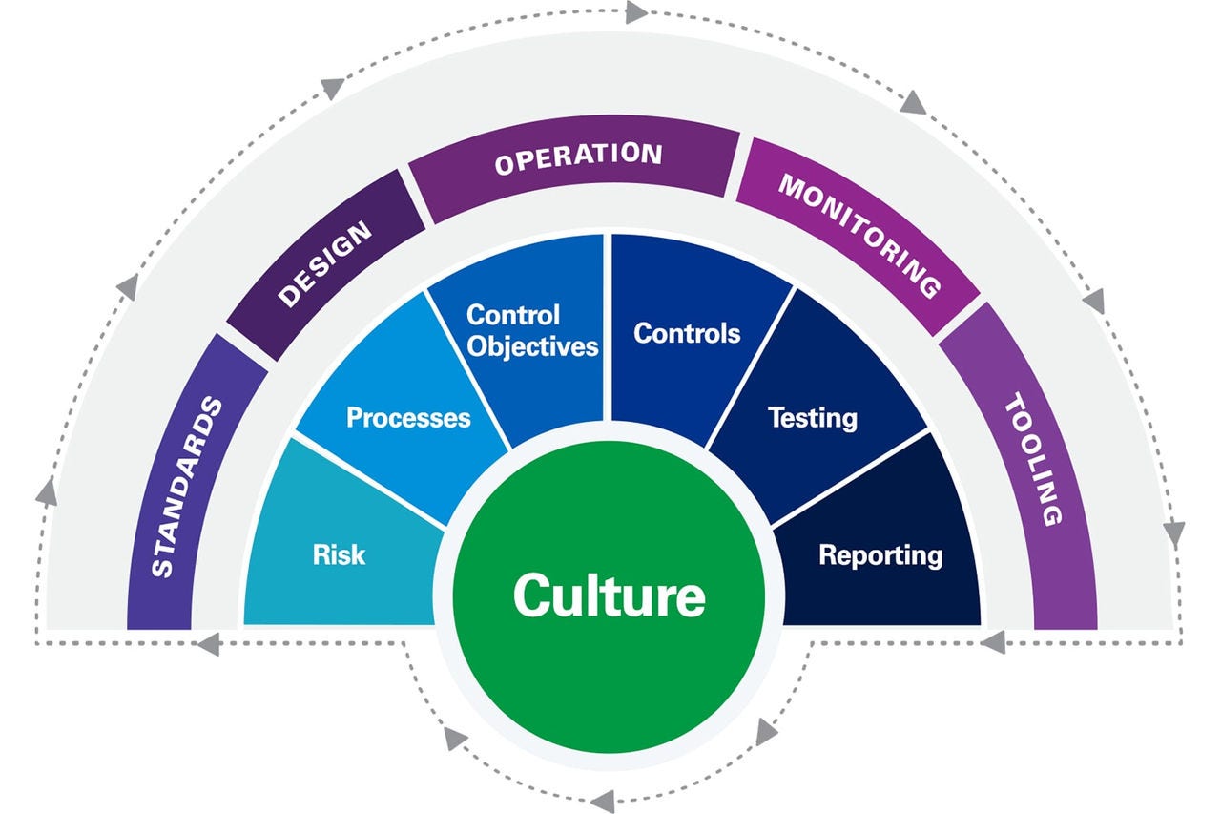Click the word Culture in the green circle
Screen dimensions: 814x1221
point(610,595)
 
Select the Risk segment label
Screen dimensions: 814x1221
point(339,554)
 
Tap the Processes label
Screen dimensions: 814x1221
point(408,417)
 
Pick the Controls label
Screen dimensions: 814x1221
point(687,333)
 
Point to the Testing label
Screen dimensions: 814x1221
point(812,417)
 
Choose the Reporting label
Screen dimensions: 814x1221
point(880,554)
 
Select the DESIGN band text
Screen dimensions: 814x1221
point(324,266)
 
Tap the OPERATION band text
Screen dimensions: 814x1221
point(578,158)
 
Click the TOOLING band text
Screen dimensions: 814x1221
point(1033,462)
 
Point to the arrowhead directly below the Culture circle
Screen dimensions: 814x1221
point(602,800)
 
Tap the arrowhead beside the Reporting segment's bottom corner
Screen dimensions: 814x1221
point(993,641)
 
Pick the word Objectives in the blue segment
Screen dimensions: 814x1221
point(532,345)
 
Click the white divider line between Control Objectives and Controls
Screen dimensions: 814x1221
point(608,324)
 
